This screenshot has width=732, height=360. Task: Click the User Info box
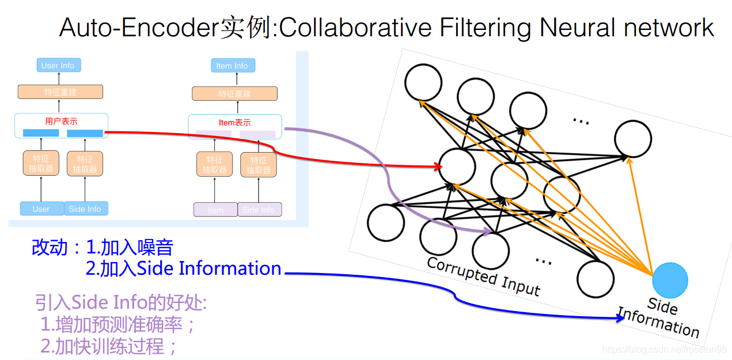click(58, 65)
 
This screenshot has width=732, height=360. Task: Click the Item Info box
click(232, 66)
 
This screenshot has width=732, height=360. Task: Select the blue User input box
click(41, 209)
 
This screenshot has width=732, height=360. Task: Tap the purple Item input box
click(215, 210)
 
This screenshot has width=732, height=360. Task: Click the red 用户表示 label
click(61, 122)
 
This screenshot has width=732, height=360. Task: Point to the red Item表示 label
click(234, 123)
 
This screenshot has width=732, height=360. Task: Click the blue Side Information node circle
click(670, 281)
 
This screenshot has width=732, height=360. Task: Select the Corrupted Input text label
click(483, 276)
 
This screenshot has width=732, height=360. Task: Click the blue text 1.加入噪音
click(130, 248)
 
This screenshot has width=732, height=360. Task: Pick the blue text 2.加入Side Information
click(183, 268)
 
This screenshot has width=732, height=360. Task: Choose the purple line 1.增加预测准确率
click(118, 324)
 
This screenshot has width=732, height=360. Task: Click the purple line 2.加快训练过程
click(108, 346)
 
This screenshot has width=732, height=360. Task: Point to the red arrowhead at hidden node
click(439, 167)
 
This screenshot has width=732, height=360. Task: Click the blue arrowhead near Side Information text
click(620, 317)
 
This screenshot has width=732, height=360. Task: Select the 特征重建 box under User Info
click(60, 92)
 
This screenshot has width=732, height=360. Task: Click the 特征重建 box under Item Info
click(234, 94)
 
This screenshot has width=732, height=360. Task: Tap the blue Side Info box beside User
click(85, 209)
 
